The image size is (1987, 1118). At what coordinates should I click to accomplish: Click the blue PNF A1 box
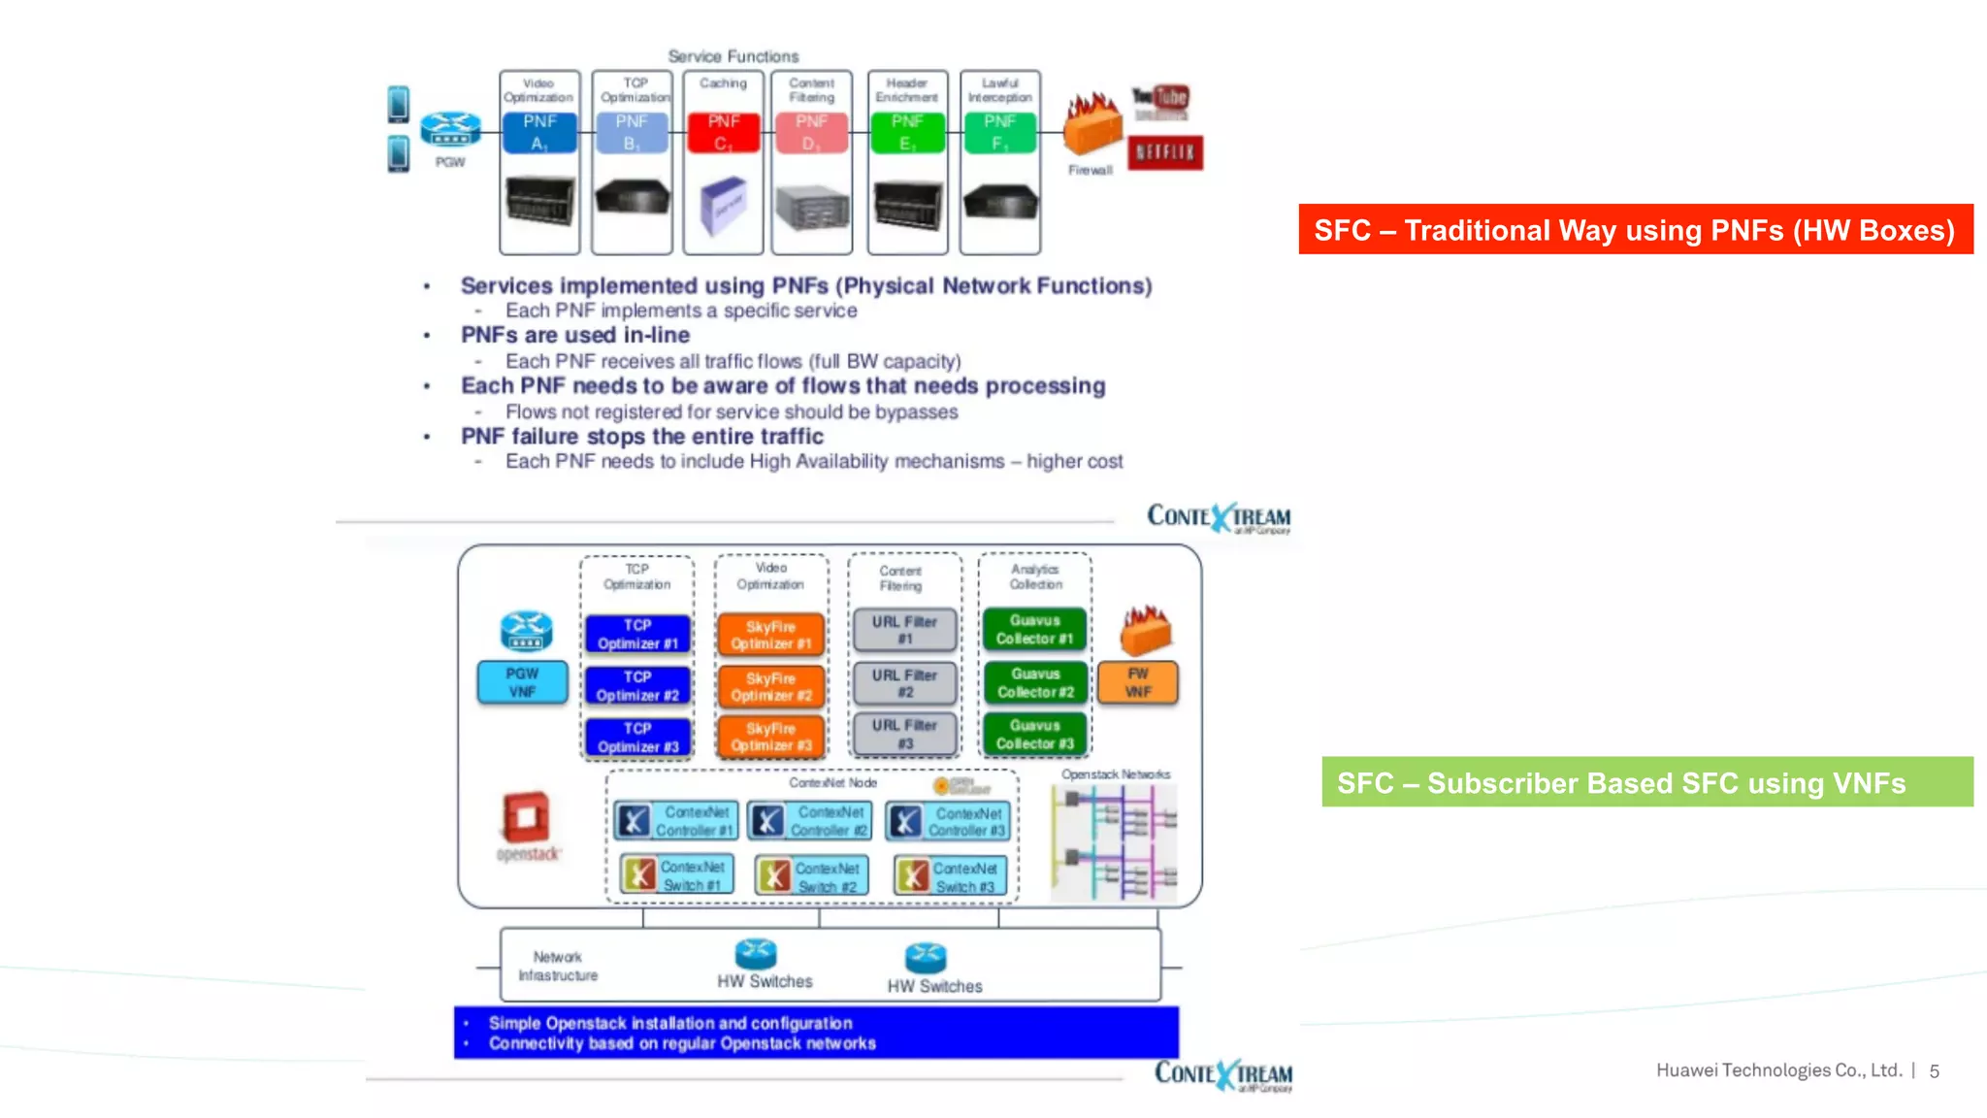point(539,133)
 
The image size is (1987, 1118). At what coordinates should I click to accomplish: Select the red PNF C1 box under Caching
point(723,133)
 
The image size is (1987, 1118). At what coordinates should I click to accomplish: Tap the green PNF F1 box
point(999,133)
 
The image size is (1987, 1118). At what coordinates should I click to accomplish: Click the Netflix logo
point(1165,152)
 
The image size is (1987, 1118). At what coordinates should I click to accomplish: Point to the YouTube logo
point(1159,98)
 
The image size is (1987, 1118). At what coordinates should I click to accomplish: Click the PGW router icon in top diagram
point(450,129)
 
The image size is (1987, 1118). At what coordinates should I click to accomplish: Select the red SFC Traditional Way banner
point(1635,230)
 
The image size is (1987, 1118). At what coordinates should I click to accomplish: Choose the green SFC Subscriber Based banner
point(1646,782)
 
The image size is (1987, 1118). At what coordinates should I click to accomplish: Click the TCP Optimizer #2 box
point(637,686)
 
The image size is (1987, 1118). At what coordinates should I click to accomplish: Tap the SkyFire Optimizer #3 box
point(771,737)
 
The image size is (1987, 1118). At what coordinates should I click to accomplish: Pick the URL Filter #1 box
point(904,630)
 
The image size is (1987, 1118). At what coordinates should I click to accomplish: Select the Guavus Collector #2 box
point(1035,682)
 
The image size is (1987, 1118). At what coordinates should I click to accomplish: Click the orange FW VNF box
point(1138,682)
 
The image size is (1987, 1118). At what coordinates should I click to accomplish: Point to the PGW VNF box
point(522,682)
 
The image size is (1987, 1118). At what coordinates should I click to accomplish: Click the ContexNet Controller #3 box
point(949,821)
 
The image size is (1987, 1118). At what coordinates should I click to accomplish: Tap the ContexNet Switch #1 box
point(677,875)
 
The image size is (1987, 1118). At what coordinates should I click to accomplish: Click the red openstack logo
point(527,818)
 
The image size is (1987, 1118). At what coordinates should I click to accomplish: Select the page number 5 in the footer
point(1934,1071)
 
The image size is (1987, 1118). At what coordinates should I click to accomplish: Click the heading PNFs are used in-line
point(575,335)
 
